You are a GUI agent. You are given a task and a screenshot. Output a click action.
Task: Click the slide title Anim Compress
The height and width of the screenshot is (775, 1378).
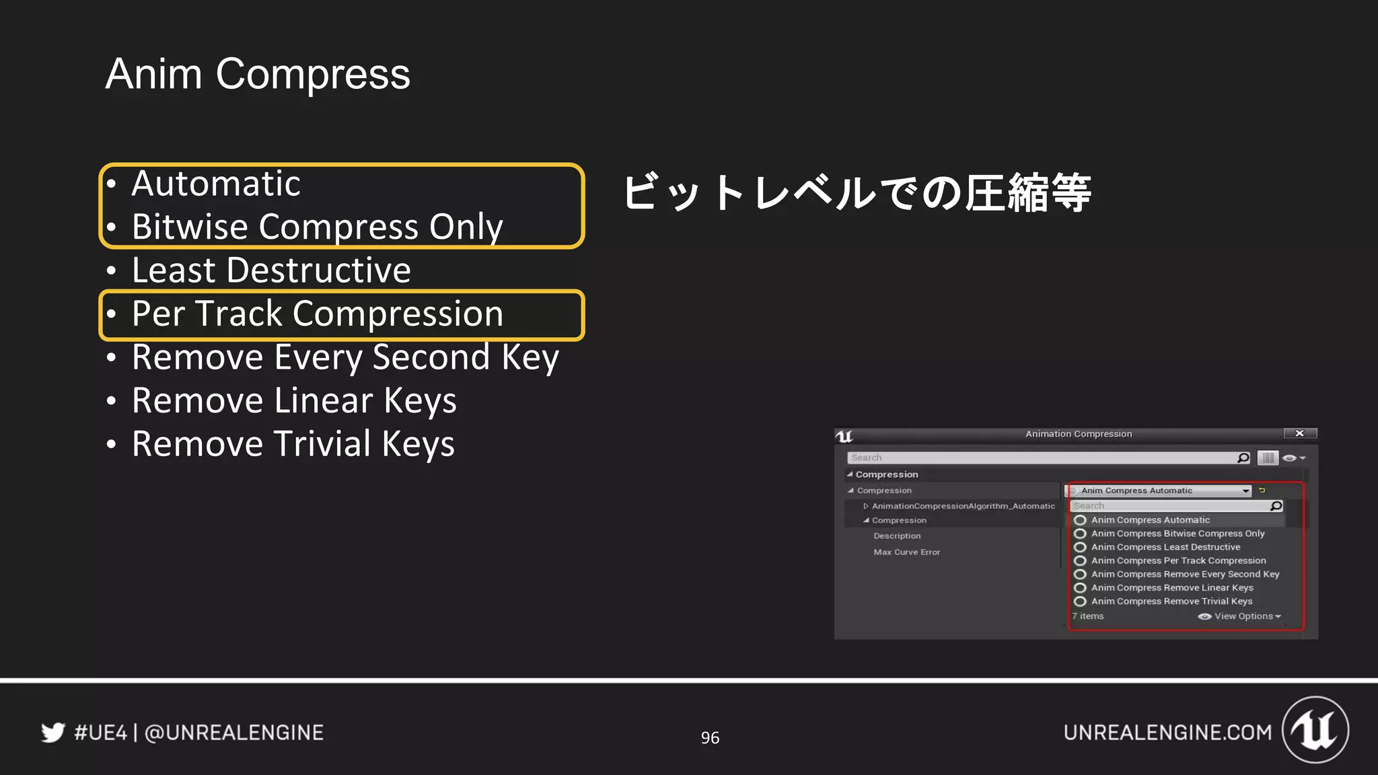[x=258, y=74]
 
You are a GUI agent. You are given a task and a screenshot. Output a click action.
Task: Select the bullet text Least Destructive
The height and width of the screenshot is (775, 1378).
[x=270, y=270]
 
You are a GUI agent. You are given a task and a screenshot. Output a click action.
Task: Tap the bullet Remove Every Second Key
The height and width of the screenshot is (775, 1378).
[x=345, y=357]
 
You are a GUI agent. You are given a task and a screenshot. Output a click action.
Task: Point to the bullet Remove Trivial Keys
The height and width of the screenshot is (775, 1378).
[x=293, y=444]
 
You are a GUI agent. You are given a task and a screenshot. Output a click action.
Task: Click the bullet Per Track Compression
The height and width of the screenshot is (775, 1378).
[x=317, y=314]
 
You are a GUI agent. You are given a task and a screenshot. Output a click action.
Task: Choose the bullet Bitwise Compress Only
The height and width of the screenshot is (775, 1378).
[x=317, y=227]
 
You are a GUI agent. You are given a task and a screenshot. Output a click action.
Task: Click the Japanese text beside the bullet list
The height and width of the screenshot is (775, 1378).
[x=856, y=193]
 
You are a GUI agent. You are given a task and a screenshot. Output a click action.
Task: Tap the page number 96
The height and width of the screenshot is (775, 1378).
[x=710, y=738]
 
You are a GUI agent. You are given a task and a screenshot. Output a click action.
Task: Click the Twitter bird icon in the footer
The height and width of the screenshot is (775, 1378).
[x=53, y=732]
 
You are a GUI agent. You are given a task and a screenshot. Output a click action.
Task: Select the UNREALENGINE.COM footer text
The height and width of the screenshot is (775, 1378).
[x=1167, y=733]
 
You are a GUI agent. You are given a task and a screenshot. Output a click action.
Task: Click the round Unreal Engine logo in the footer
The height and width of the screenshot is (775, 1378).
[x=1315, y=730]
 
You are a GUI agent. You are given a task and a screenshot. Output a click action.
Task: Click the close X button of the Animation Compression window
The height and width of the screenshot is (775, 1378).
[x=1300, y=434]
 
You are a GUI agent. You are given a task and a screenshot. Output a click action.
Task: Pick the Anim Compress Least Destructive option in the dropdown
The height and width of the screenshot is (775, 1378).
[x=1165, y=547]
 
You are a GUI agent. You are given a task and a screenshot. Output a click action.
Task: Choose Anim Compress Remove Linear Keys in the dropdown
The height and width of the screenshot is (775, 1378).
[x=1172, y=587]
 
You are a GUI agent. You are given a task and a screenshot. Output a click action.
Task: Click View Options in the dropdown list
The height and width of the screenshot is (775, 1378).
[x=1243, y=616]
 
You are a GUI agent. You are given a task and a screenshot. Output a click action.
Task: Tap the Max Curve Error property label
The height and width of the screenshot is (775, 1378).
[x=906, y=552]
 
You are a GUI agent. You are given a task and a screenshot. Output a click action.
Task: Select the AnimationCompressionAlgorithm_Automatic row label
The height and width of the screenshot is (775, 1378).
[x=963, y=506]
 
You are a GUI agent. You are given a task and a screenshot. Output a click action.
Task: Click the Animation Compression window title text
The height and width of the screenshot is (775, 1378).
[x=1079, y=434]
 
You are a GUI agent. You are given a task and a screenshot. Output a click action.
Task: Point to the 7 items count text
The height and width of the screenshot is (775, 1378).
[x=1088, y=616]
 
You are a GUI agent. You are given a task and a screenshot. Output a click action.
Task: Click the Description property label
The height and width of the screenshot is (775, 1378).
[x=897, y=536]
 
